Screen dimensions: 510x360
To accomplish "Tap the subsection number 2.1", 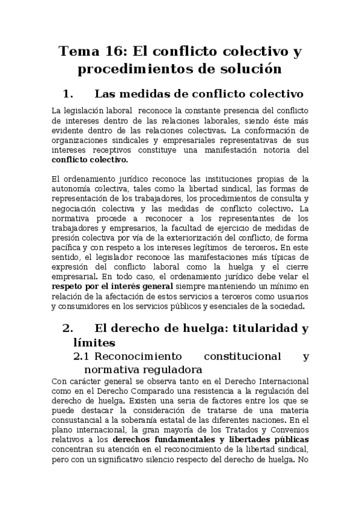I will (x=81, y=356).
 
